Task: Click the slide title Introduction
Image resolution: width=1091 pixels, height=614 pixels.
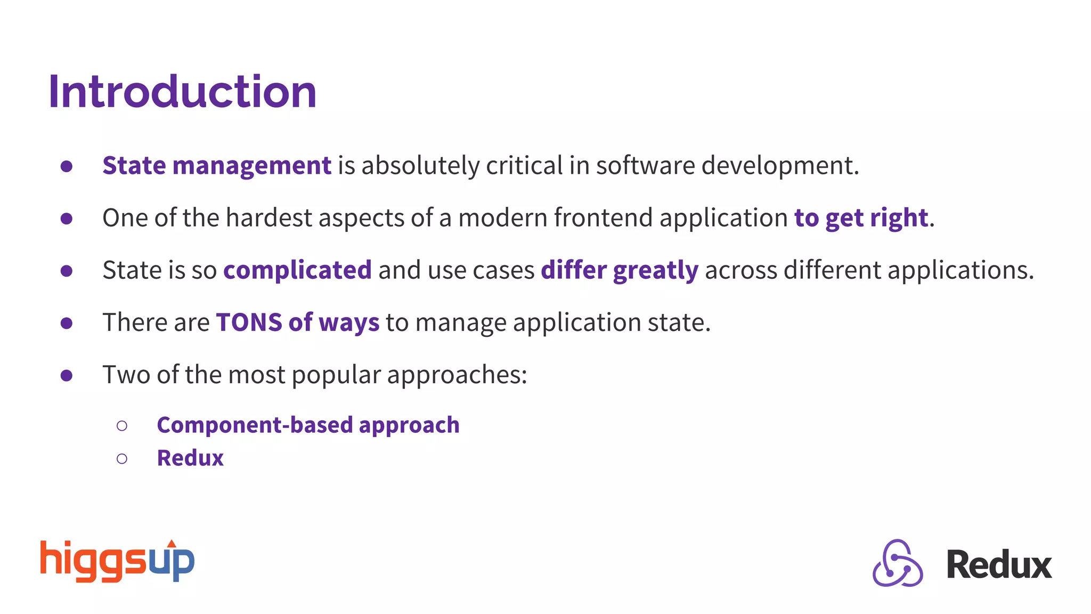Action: pyautogui.click(x=182, y=92)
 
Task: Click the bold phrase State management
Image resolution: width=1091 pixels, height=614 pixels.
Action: pyautogui.click(x=217, y=165)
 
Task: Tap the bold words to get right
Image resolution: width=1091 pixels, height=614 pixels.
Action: pyautogui.click(x=861, y=217)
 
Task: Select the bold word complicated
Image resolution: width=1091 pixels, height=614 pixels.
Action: pyautogui.click(x=297, y=270)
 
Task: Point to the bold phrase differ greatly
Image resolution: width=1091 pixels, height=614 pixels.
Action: pyautogui.click(x=619, y=270)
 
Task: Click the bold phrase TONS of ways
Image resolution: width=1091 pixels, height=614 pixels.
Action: pyautogui.click(x=297, y=322)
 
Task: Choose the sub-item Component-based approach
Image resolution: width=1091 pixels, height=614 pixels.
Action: pyautogui.click(x=308, y=425)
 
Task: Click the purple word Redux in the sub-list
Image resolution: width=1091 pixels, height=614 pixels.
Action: pyautogui.click(x=190, y=458)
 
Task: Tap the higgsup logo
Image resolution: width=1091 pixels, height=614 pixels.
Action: pyautogui.click(x=117, y=561)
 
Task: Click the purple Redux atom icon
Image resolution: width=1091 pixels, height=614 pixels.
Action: pyautogui.click(x=898, y=563)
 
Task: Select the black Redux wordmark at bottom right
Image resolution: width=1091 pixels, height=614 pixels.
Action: pyautogui.click(x=999, y=565)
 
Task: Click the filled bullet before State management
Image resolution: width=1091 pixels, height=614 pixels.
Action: pyautogui.click(x=67, y=166)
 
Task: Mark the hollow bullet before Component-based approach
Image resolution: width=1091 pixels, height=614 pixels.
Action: pyautogui.click(x=122, y=425)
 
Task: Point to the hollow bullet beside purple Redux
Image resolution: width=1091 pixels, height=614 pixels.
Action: pyautogui.click(x=122, y=458)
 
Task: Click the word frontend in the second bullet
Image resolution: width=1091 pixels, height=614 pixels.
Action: pyautogui.click(x=603, y=217)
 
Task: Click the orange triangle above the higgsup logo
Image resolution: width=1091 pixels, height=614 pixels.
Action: pyautogui.click(x=172, y=544)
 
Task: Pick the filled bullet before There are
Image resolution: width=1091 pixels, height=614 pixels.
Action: pyautogui.click(x=67, y=323)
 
